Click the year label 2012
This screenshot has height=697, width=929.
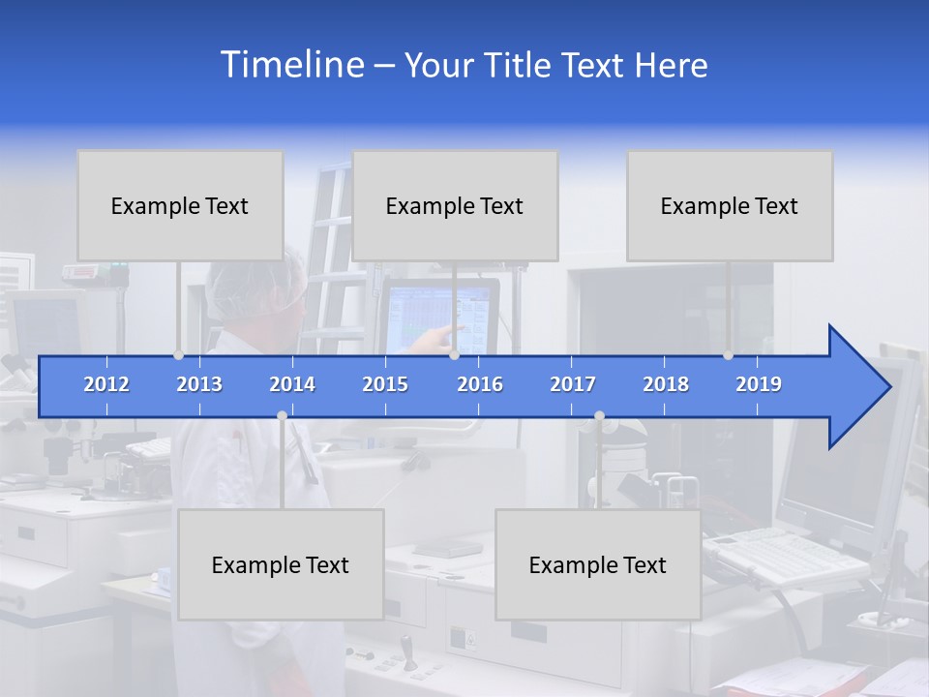(106, 384)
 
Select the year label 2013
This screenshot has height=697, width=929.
(199, 384)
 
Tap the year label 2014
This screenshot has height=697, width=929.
(292, 384)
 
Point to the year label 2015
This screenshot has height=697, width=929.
(385, 384)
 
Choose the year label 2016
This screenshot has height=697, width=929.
(480, 384)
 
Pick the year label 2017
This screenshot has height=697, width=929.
(573, 384)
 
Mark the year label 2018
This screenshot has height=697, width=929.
(666, 384)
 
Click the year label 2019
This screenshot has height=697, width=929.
(759, 384)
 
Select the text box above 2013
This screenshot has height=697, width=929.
(180, 205)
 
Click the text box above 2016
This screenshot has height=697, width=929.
(455, 205)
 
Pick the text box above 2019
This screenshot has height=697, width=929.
(730, 205)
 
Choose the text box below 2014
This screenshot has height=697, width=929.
(281, 564)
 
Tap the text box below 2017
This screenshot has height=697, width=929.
(598, 564)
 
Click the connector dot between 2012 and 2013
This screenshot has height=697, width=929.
(178, 355)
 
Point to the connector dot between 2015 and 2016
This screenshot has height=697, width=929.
(454, 355)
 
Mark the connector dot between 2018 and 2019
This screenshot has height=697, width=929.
(729, 355)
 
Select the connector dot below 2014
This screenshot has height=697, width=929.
(282, 416)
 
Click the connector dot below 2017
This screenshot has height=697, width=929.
(599, 416)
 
